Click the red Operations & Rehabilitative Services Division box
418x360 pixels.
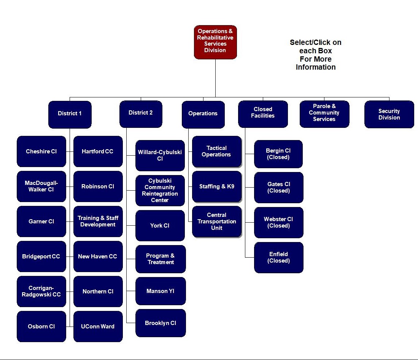click(215, 42)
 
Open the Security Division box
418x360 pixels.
click(389, 114)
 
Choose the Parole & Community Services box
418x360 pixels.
click(324, 113)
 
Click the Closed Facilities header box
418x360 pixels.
click(263, 114)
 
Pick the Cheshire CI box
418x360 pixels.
click(41, 151)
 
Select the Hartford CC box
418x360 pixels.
click(98, 151)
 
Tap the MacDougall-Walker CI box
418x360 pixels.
click(41, 186)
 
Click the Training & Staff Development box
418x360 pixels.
click(98, 221)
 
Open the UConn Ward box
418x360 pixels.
click(98, 327)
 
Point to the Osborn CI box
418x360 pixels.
click(41, 327)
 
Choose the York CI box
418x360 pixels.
click(160, 226)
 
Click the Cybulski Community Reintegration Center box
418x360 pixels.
click(160, 191)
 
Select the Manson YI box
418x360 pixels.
click(160, 291)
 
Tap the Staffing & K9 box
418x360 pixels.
click(217, 187)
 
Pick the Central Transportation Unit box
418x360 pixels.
click(217, 221)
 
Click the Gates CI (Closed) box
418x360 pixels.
click(278, 188)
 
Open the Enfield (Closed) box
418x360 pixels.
click(278, 258)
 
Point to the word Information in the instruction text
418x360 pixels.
click(316, 67)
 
